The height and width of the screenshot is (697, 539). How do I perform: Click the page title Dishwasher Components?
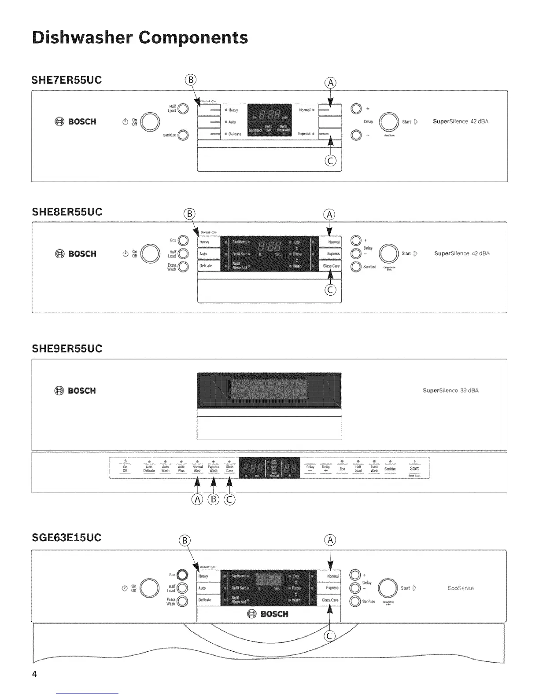[x=140, y=37]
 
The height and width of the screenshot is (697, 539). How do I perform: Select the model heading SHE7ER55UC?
[x=67, y=80]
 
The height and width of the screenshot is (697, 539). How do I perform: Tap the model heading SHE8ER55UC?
[x=67, y=212]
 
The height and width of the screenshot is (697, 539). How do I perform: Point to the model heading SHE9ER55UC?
[x=67, y=349]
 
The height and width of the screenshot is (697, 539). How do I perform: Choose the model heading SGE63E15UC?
[x=66, y=538]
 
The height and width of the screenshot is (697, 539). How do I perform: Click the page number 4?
[x=34, y=675]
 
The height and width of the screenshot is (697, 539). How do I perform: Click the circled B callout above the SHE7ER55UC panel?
[x=191, y=80]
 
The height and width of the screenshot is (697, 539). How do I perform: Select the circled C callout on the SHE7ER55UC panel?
[x=330, y=161]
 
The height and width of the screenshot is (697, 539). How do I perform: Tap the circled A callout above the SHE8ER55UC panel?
[x=329, y=215]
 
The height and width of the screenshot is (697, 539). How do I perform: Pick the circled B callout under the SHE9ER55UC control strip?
[x=214, y=499]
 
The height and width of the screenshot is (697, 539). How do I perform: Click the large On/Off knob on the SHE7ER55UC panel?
[x=150, y=122]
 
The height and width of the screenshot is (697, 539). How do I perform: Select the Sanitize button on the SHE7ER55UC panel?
[x=183, y=135]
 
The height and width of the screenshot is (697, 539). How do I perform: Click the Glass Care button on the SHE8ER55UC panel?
[x=331, y=266]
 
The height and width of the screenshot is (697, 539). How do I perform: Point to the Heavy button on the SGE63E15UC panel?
[x=208, y=576]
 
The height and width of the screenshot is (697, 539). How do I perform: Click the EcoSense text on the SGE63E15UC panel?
[x=460, y=588]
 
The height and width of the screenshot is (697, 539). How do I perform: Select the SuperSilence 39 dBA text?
[x=450, y=390]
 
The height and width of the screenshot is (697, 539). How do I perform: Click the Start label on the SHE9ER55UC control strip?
[x=414, y=469]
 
